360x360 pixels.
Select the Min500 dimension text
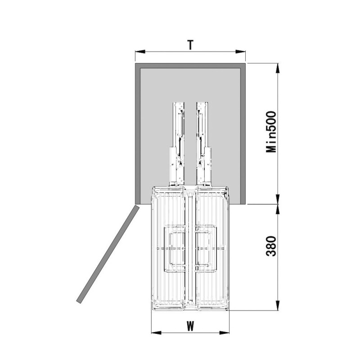pyautogui.click(x=271, y=132)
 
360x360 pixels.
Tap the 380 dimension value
pyautogui.click(x=271, y=246)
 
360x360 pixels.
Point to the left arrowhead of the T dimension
pyautogui.click(x=140, y=52)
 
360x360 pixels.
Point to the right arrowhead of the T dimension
pyautogui.click(x=241, y=52)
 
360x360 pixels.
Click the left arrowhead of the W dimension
pyautogui.click(x=156, y=333)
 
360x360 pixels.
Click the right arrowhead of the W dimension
pyautogui.click(x=224, y=333)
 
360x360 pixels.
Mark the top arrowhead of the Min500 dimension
pyautogui.click(x=278, y=68)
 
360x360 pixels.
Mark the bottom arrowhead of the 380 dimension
pyautogui.click(x=278, y=306)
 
